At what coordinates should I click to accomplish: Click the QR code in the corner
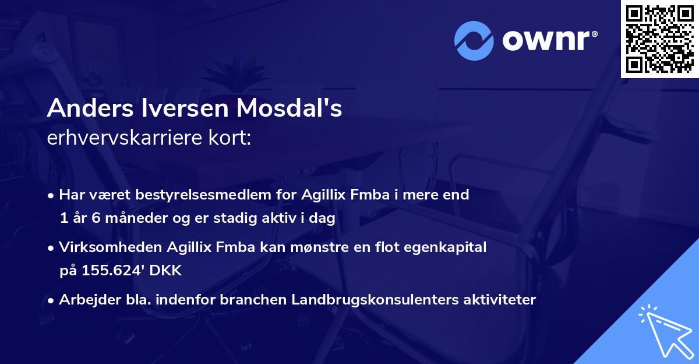click(660, 38)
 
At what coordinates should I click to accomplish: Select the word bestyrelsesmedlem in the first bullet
click(165, 195)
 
